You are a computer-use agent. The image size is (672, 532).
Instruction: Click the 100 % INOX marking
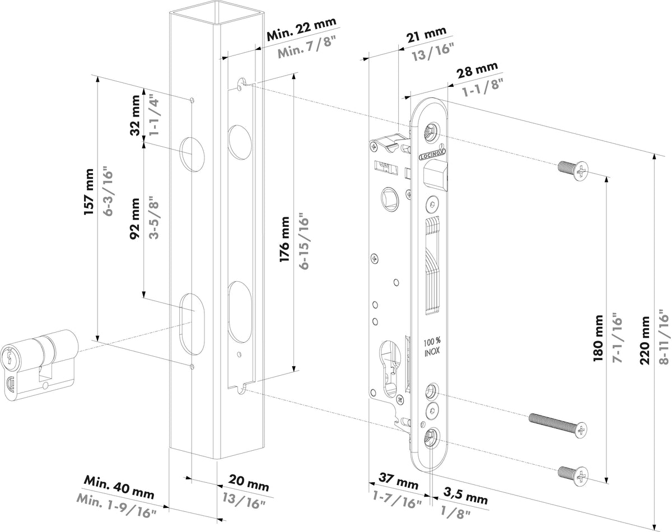click(431, 347)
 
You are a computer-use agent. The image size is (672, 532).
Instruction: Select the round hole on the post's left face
click(192, 152)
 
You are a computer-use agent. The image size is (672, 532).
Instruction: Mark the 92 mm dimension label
click(134, 218)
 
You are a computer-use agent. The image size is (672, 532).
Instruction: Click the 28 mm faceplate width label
click(477, 71)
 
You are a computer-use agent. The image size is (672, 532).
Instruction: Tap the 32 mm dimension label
click(134, 116)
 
